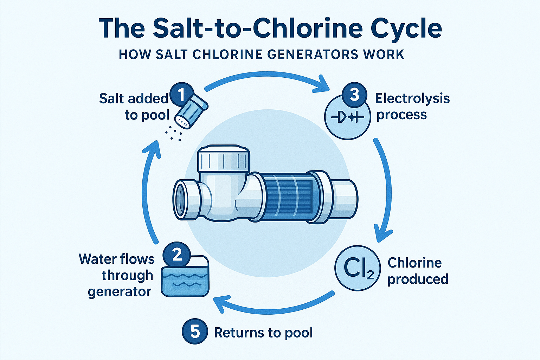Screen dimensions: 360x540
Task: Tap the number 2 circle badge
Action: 177,254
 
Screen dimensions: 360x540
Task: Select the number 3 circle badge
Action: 354,95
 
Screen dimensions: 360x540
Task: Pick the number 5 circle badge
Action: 195,332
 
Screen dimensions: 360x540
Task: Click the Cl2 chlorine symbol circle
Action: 358,268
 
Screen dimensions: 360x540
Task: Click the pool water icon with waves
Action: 185,278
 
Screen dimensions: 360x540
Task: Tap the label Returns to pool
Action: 263,333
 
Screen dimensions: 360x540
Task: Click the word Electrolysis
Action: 412,98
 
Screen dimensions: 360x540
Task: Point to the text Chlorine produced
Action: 417,271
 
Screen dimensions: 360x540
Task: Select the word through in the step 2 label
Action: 128,275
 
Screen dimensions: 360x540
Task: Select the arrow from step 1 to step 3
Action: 267,76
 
